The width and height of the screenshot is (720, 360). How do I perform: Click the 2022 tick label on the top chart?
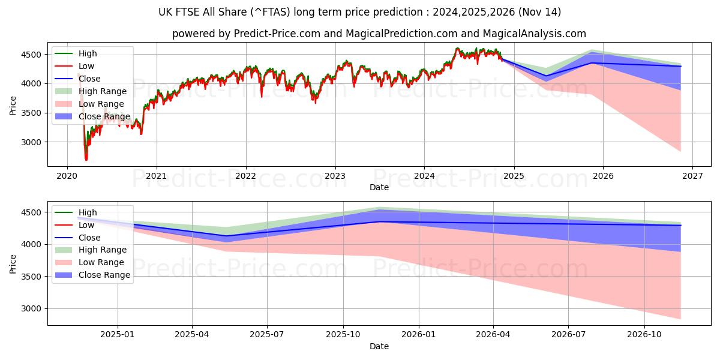[245, 176]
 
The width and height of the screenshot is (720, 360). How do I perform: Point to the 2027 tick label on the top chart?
[692, 176]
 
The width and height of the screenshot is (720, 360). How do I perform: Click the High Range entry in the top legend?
[102, 91]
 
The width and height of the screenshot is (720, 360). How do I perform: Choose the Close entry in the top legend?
[89, 79]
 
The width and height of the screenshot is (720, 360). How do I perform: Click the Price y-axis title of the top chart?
[13, 106]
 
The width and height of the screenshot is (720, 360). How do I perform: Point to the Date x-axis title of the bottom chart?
[379, 346]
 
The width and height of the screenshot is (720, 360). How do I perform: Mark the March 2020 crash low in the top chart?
[86, 160]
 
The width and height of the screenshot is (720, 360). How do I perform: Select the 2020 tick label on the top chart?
[67, 176]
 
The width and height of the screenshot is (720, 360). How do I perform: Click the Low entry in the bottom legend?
[86, 225]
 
